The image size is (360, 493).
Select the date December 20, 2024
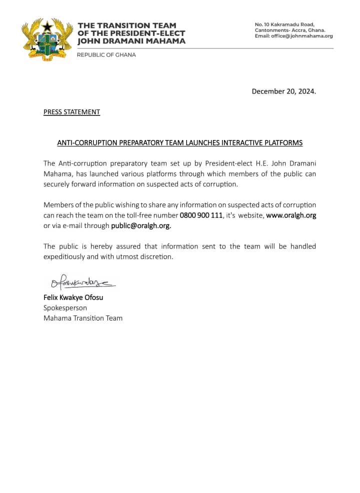click(x=283, y=91)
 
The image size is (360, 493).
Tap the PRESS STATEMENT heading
click(x=71, y=112)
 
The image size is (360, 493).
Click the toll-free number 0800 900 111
click(x=201, y=215)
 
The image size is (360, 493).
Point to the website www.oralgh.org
click(x=290, y=215)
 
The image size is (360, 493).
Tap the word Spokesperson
click(x=65, y=307)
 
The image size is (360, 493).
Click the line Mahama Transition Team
click(x=83, y=318)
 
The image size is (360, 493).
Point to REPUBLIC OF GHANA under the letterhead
click(x=106, y=55)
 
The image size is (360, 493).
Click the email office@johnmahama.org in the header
click(x=293, y=36)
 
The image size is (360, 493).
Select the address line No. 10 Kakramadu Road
click(x=284, y=24)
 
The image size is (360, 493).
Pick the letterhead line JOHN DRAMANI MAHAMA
click(x=131, y=41)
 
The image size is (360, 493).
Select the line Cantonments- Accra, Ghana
click(x=290, y=30)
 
